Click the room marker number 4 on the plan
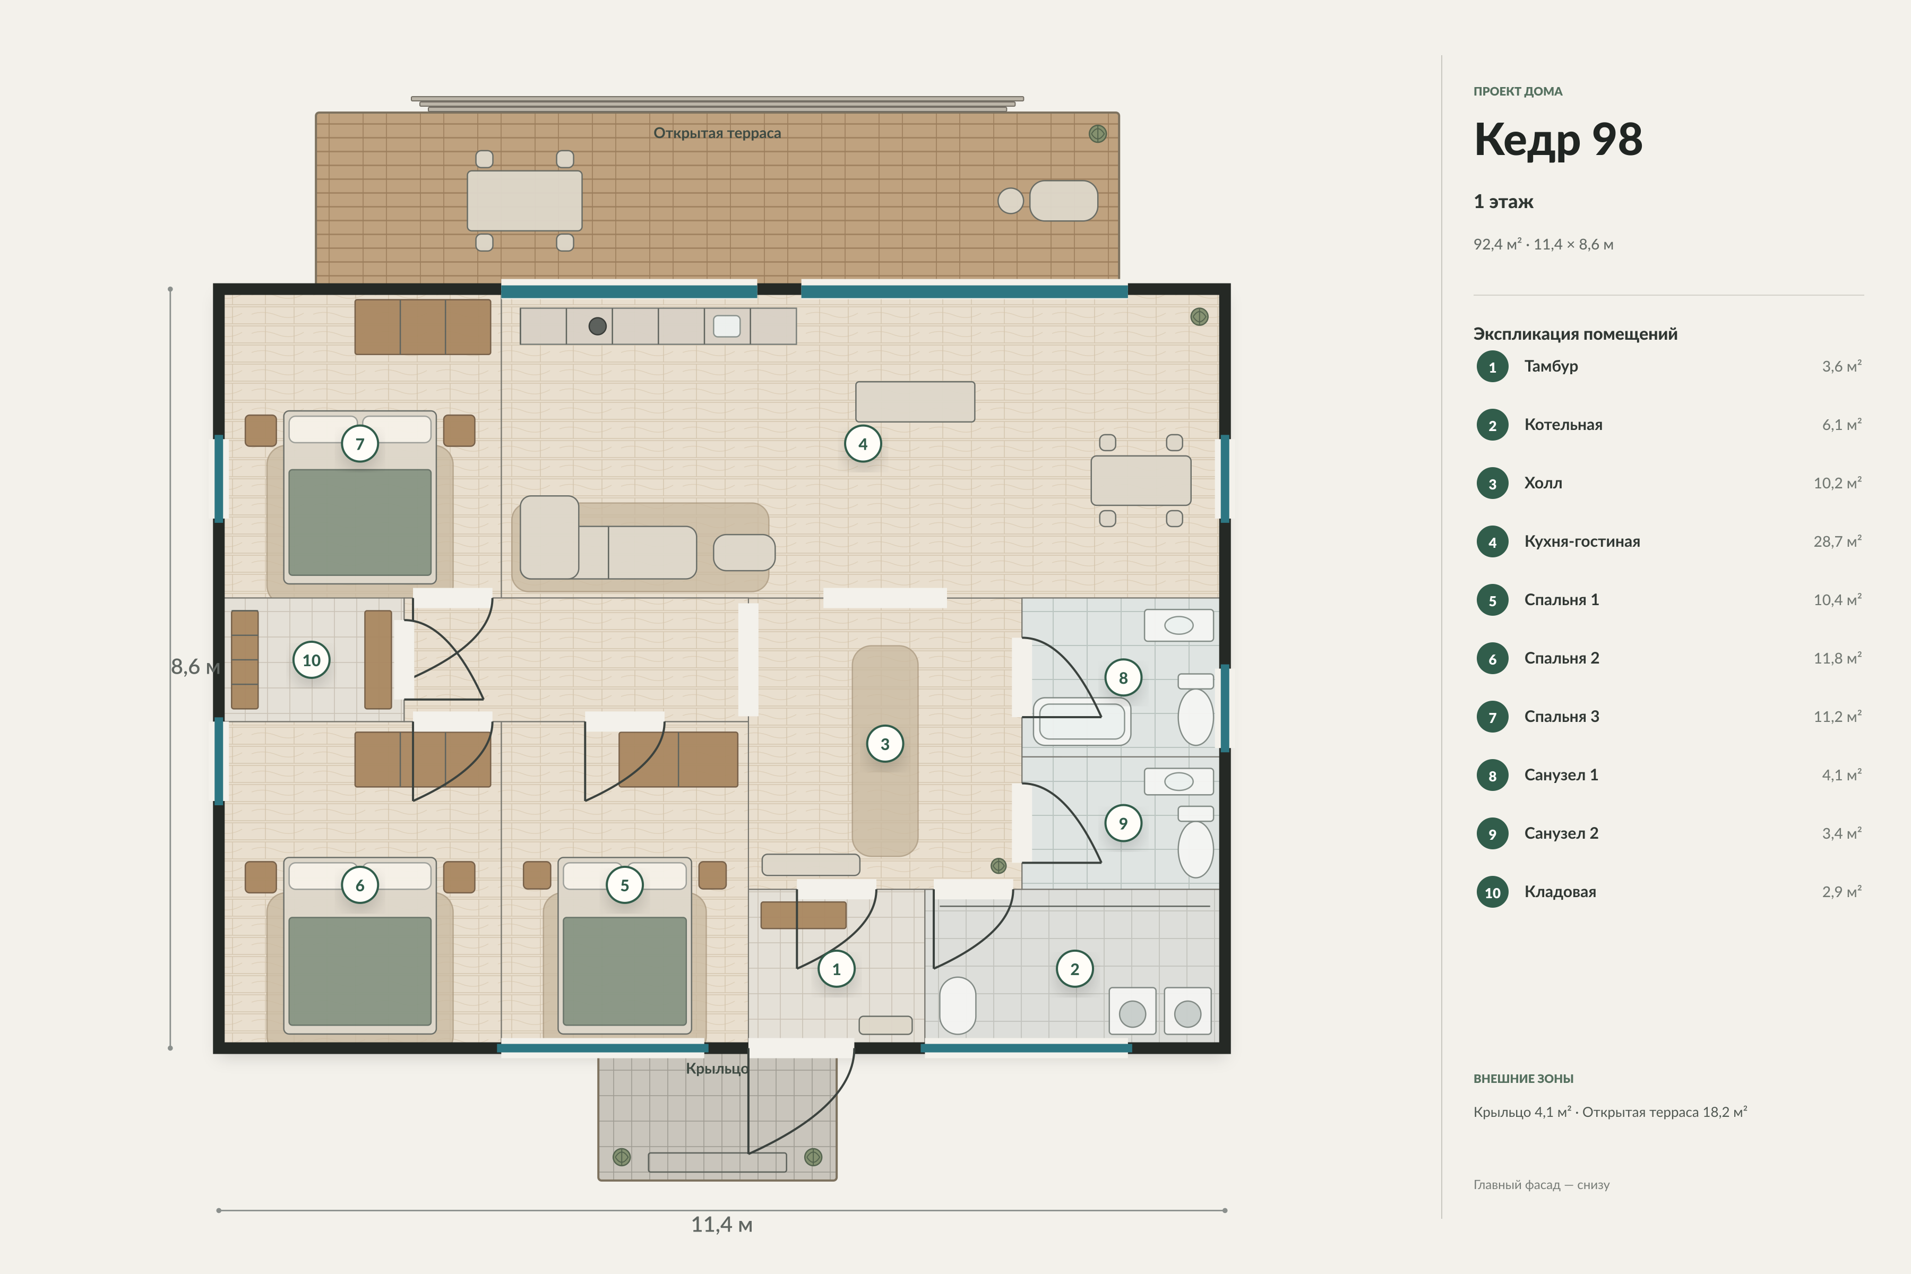863,444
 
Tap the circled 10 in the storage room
311,660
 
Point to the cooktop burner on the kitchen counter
597,326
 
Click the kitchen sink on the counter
726,326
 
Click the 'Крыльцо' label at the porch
718,1069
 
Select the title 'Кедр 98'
1557,139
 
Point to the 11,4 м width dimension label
721,1225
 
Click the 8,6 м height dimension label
195,667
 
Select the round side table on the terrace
1011,201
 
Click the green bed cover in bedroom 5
624,971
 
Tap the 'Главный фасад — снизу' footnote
1542,1185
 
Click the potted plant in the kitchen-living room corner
1199,317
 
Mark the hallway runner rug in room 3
885,751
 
